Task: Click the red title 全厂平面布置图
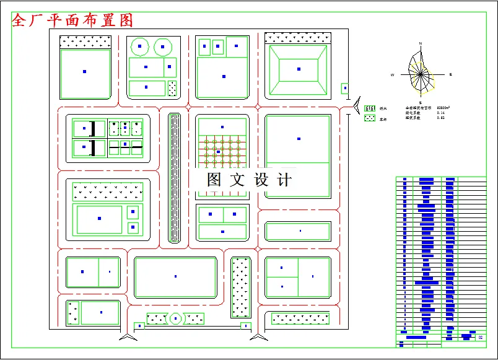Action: pyautogui.click(x=73, y=20)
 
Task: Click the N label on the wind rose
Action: pyautogui.click(x=421, y=43)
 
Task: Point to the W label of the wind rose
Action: pyautogui.click(x=392, y=74)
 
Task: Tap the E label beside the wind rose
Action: pyautogui.click(x=450, y=74)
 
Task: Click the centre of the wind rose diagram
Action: pyautogui.click(x=421, y=74)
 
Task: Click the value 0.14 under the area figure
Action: pyautogui.click(x=440, y=112)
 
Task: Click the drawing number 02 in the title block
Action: pyautogui.click(x=481, y=338)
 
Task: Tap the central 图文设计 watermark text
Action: pyautogui.click(x=249, y=180)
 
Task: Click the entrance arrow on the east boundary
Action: pyautogui.click(x=357, y=107)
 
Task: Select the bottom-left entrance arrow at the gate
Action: pyautogui.click(x=128, y=336)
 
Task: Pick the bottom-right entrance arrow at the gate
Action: pyautogui.click(x=259, y=336)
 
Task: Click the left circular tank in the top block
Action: pyautogui.click(x=140, y=46)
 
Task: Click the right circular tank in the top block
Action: pyautogui.click(x=162, y=46)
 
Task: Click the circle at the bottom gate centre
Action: pyautogui.click(x=176, y=318)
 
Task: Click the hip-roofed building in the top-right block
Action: pyautogui.click(x=299, y=69)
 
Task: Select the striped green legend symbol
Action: pyautogui.click(x=370, y=108)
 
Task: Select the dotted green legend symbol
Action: pyautogui.click(x=370, y=118)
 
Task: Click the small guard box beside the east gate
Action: pyautogui.click(x=345, y=89)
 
